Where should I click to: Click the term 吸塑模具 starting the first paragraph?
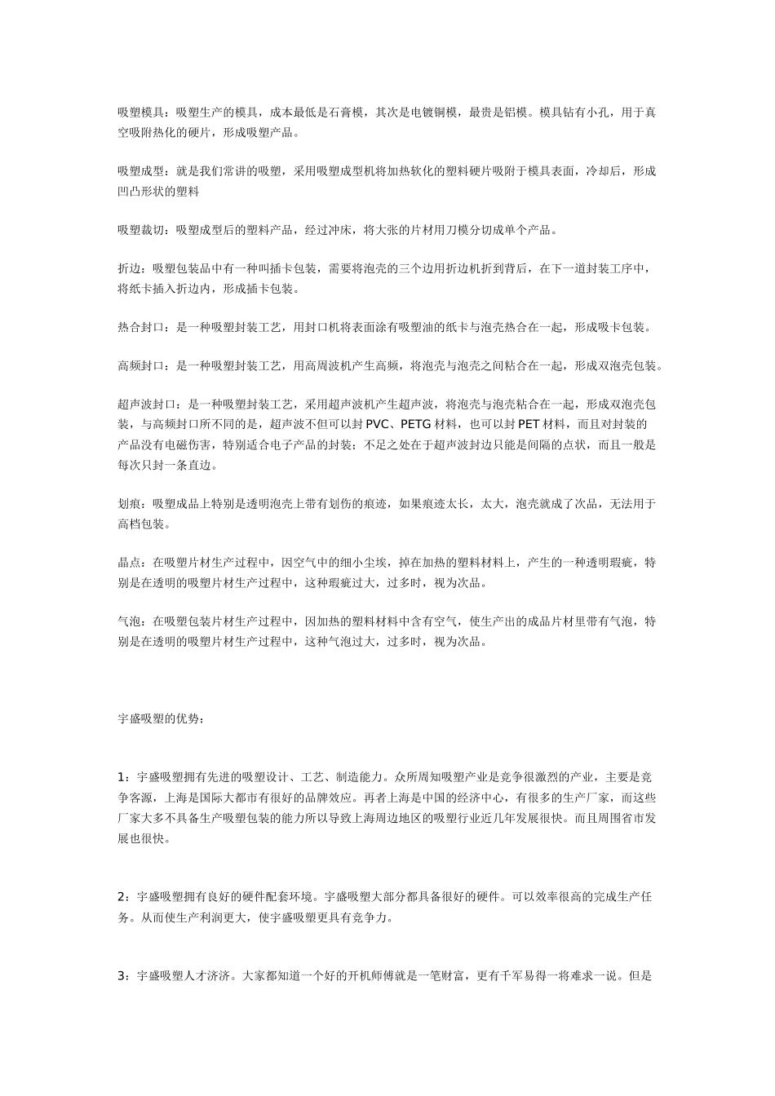pyautogui.click(x=141, y=113)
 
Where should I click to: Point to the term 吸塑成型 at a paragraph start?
pyautogui.click(x=141, y=172)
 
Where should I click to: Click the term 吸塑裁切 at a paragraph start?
pyautogui.click(x=141, y=231)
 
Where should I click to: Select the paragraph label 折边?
pyautogui.click(x=129, y=270)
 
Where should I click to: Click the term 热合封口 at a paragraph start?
pyautogui.click(x=141, y=329)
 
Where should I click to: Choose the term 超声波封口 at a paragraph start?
pyautogui.click(x=147, y=405)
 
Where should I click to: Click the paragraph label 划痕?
pyautogui.click(x=129, y=505)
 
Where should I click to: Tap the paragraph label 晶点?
pyautogui.click(x=129, y=563)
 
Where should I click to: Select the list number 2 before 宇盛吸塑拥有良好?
pyautogui.click(x=121, y=897)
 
